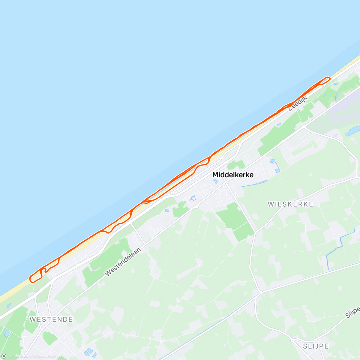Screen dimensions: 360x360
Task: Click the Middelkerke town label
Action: [233, 175]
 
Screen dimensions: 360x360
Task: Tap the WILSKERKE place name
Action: [290, 204]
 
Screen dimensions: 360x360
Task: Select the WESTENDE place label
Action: [51, 319]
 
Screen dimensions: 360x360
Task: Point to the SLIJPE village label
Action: [316, 346]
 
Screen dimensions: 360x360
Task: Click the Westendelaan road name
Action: [123, 262]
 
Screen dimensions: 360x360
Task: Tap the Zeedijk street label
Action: [298, 103]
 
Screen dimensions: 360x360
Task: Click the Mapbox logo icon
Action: [4, 356]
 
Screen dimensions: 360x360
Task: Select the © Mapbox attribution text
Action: [19, 356]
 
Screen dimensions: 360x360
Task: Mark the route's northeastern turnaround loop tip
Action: [329, 79]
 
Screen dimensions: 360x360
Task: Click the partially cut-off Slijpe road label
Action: [353, 313]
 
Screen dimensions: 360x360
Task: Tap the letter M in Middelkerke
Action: [215, 175]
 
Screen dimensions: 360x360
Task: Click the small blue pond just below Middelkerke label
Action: [215, 181]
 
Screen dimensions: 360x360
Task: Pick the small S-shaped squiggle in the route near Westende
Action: [45, 270]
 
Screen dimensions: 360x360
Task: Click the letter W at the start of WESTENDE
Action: [32, 319]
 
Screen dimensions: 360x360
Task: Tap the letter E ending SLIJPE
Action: [326, 346]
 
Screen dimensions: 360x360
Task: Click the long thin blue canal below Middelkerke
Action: [253, 184]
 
